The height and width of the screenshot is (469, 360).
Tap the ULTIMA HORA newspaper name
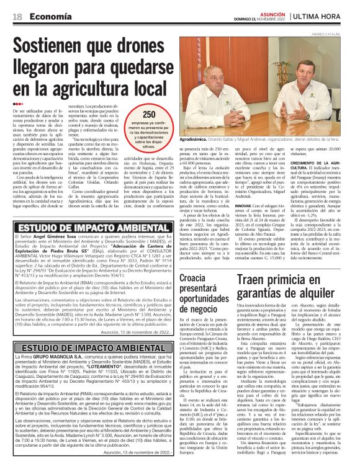click(323, 15)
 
